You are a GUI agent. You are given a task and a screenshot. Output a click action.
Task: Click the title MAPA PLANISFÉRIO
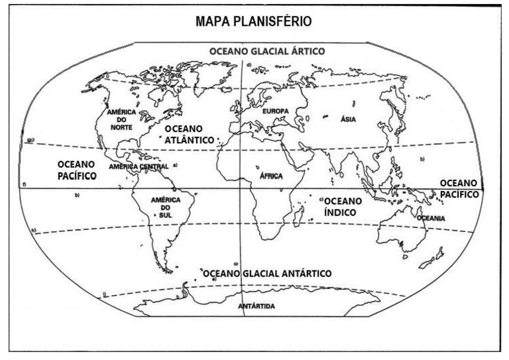254,22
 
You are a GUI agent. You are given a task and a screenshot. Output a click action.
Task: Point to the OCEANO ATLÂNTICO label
190,134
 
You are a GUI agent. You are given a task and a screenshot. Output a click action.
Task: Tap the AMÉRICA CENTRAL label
139,167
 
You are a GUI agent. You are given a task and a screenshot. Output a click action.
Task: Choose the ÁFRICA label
271,176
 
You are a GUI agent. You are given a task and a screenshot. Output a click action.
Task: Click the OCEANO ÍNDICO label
342,206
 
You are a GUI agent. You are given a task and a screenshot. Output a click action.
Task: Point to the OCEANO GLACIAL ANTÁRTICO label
268,273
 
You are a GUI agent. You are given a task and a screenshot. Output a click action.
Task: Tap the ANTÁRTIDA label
256,306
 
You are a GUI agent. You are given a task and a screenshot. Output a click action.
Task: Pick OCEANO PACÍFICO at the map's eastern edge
459,188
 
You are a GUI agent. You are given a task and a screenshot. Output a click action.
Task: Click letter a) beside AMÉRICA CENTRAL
176,164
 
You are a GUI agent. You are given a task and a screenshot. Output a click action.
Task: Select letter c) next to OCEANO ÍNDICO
321,199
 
